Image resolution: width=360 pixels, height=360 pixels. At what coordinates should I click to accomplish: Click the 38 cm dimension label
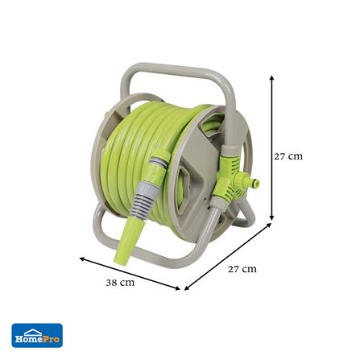pyautogui.click(x=120, y=283)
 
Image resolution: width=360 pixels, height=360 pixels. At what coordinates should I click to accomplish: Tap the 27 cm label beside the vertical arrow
pyautogui.click(x=288, y=156)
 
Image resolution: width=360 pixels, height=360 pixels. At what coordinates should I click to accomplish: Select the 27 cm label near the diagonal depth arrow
pyautogui.click(x=242, y=269)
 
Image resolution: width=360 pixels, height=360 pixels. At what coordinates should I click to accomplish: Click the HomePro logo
pyautogui.click(x=37, y=336)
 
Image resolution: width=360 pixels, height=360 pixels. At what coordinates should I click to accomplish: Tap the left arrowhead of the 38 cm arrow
pyautogui.click(x=81, y=259)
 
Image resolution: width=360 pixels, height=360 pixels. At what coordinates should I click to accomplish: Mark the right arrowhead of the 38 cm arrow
pyautogui.click(x=178, y=288)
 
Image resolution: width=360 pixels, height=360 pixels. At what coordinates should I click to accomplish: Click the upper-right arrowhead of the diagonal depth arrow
pyautogui.click(x=269, y=224)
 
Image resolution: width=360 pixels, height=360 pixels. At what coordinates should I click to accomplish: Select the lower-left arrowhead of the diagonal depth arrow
pyautogui.click(x=186, y=289)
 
